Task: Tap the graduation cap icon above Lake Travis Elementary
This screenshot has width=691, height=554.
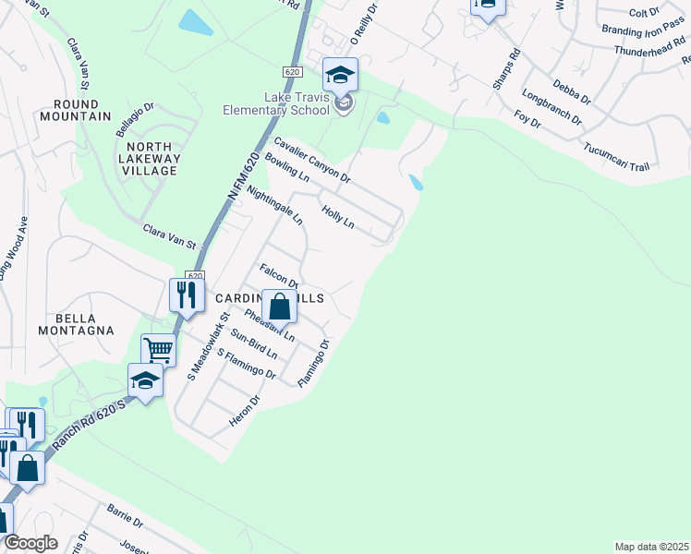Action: (x=340, y=75)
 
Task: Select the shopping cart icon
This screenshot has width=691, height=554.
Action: (x=158, y=350)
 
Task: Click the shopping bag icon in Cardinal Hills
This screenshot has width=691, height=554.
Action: (x=279, y=307)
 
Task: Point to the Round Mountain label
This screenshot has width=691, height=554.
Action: (x=82, y=110)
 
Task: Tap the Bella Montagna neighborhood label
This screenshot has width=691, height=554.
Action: (x=76, y=323)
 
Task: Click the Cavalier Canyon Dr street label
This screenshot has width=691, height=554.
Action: (x=312, y=159)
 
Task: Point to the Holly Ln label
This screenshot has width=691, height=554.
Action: (x=337, y=217)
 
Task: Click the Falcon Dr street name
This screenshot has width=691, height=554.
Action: (x=279, y=277)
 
